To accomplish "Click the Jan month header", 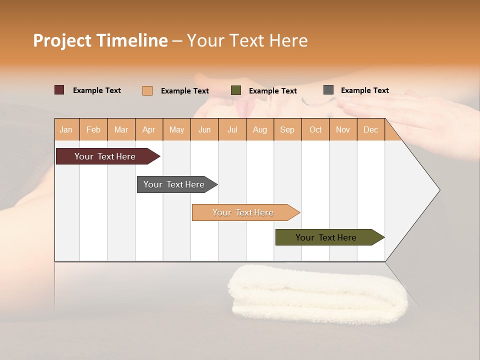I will tap(66, 129).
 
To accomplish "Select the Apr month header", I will tap(149, 129).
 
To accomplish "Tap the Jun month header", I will tap(204, 129).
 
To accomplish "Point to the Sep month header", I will tap(287, 129).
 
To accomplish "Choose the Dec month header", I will tap(370, 129).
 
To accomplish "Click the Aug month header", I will tap(259, 129).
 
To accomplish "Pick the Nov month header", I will tap(342, 129).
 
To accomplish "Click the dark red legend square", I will tap(59, 90).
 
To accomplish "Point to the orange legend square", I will tap(147, 90).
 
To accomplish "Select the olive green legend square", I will tap(236, 90).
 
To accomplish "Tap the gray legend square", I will tap(328, 90).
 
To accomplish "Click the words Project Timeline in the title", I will tap(100, 40).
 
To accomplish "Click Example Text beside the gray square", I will tap(364, 90).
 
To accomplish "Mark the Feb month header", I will tap(93, 129).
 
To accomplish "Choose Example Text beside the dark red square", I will tap(97, 90).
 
